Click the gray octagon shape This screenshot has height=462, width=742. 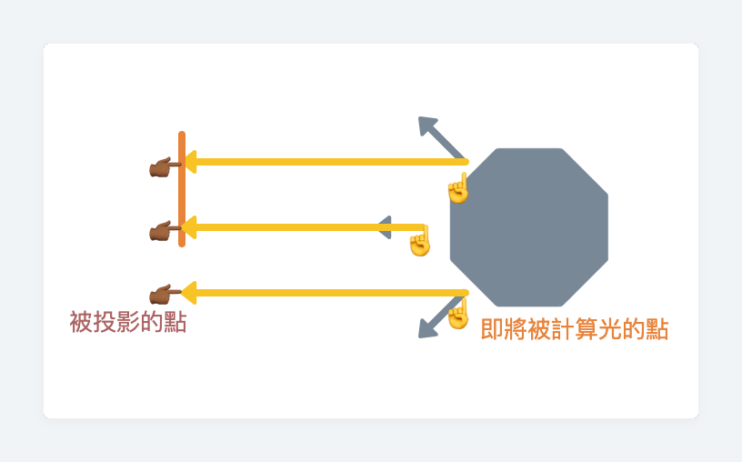coord(529,226)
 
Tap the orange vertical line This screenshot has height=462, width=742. coord(182,189)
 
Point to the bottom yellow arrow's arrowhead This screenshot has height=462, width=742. coord(189,293)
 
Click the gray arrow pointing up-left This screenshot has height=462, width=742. coord(439,136)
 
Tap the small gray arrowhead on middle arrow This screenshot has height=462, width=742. coord(385,227)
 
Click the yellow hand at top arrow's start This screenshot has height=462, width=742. coord(458,188)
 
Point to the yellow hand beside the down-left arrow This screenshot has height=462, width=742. coord(457,314)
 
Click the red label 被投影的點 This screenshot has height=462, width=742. coord(128,322)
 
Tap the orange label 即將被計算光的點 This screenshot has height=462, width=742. coord(575,329)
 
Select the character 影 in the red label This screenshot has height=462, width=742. coord(128,322)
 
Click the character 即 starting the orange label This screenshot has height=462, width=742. coord(492,329)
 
